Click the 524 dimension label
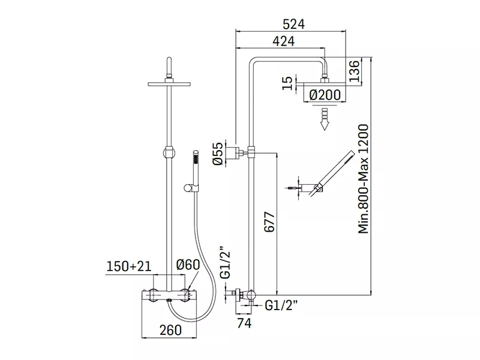(x=293, y=24)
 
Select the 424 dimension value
(x=283, y=41)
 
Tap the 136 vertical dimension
(x=354, y=71)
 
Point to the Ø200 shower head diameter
(x=325, y=95)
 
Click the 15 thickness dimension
(x=287, y=83)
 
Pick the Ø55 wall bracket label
(x=218, y=154)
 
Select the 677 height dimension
(x=269, y=221)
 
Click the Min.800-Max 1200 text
(x=364, y=179)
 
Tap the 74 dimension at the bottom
(x=244, y=323)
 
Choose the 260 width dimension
(x=170, y=330)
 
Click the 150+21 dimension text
(x=129, y=266)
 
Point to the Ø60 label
(x=188, y=265)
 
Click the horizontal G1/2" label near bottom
(x=281, y=305)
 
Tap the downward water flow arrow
(x=324, y=119)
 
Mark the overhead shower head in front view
(x=169, y=83)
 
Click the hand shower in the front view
(x=195, y=172)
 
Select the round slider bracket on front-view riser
(x=169, y=152)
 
